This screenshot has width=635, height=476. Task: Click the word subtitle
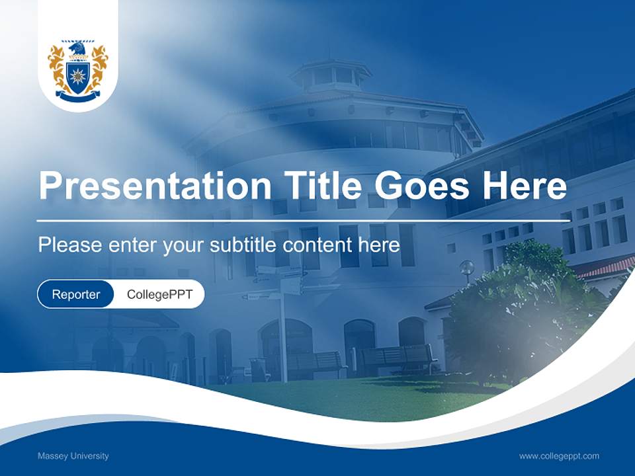pos(243,245)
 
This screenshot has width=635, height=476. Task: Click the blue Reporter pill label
pos(75,294)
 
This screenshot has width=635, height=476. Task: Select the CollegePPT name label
pos(159,294)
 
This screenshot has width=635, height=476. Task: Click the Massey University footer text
pos(73,456)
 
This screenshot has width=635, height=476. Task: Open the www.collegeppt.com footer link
pos(559,456)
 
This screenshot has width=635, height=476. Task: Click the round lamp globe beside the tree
pos(467,267)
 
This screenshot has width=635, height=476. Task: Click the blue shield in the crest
pos(78,75)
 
